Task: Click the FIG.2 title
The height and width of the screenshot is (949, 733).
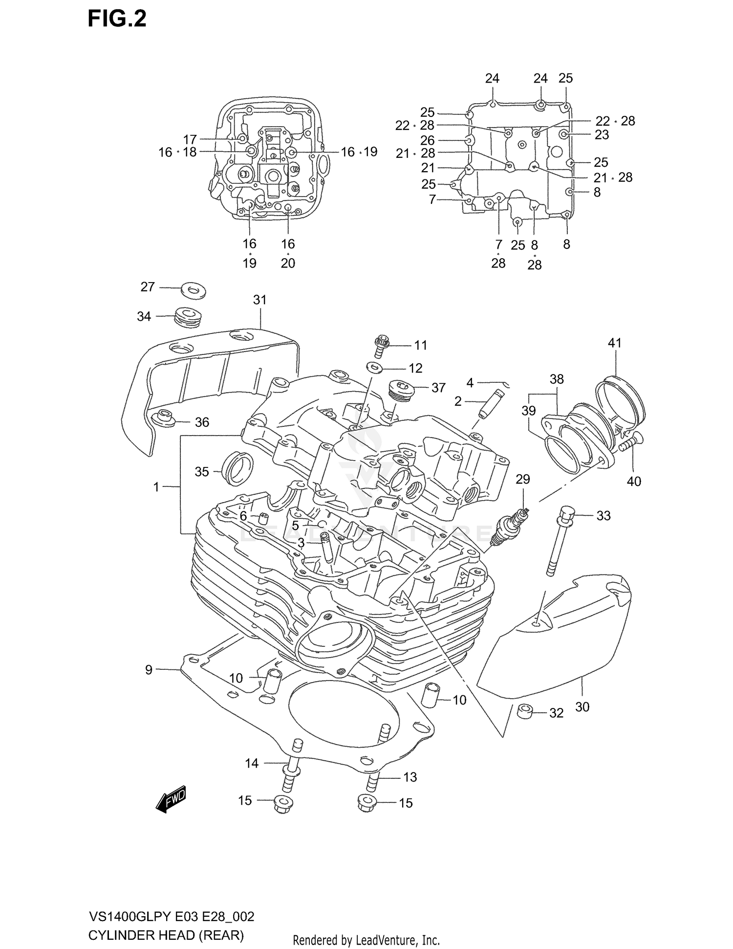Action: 117,19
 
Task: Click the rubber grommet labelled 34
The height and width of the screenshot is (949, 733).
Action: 187,318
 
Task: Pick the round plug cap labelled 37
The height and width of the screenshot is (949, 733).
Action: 400,391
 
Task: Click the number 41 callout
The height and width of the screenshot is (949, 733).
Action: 614,343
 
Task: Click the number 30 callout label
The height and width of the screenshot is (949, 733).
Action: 582,706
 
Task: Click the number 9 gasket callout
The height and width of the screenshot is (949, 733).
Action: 149,670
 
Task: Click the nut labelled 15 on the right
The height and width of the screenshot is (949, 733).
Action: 365,803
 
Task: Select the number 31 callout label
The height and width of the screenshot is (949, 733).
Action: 259,300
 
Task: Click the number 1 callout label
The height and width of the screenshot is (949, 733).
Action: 156,487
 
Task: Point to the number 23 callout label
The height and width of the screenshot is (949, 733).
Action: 602,134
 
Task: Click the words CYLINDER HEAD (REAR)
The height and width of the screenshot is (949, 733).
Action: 166,936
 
